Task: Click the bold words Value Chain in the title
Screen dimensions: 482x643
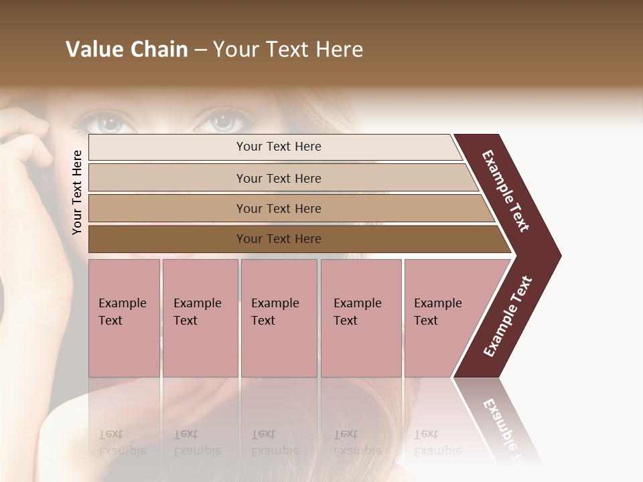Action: (x=127, y=50)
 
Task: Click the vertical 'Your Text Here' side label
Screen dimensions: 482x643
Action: (x=77, y=192)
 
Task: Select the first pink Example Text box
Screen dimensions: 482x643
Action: (x=124, y=318)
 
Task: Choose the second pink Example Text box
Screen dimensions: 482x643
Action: (x=200, y=318)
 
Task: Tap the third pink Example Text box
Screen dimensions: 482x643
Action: (x=279, y=318)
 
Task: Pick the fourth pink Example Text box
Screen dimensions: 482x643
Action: (x=360, y=318)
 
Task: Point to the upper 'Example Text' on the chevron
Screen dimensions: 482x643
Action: (x=506, y=191)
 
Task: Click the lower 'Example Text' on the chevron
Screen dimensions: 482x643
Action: (x=508, y=317)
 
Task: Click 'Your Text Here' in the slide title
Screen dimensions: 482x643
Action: (x=288, y=50)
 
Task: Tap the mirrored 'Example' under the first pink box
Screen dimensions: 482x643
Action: (x=123, y=450)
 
